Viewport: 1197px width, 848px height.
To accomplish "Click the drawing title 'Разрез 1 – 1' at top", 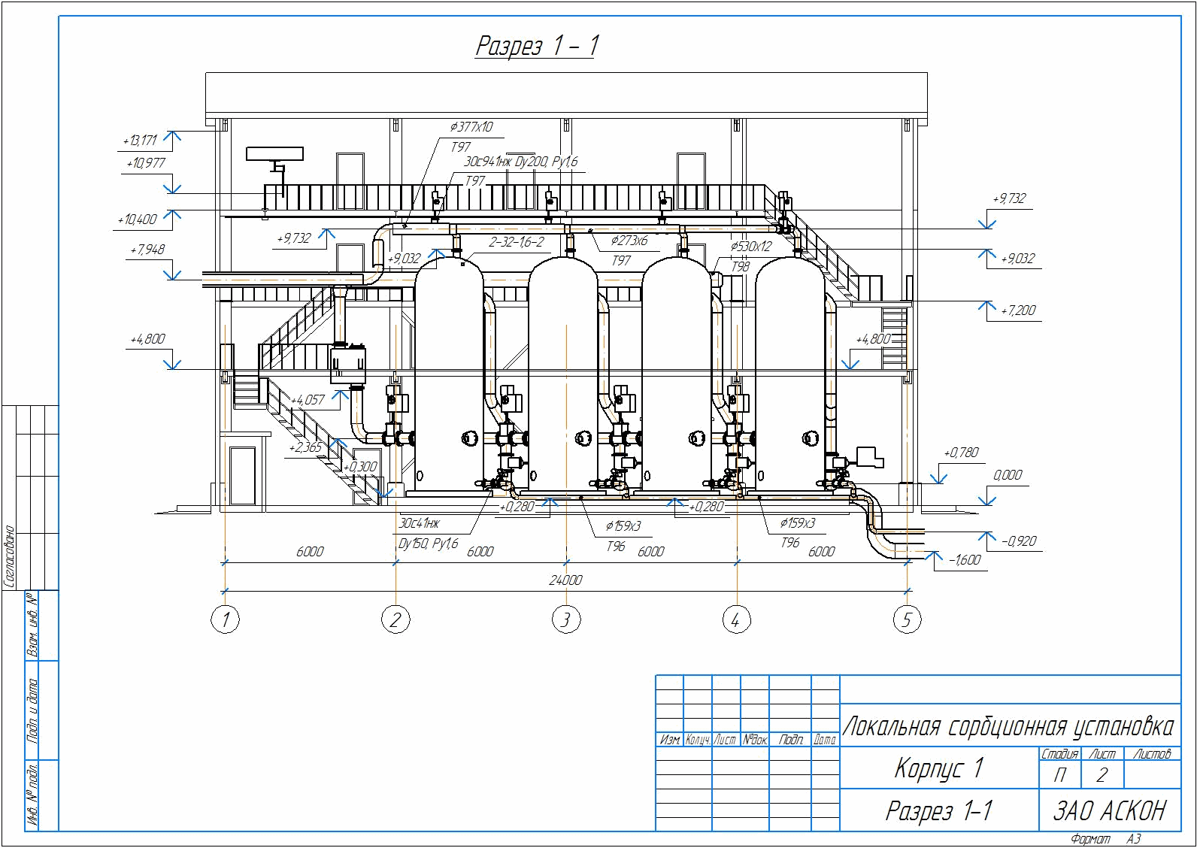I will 537,46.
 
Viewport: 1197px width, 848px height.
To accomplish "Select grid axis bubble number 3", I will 565,620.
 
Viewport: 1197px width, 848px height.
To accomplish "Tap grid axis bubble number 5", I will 907,620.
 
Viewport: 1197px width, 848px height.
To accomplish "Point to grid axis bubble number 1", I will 225,620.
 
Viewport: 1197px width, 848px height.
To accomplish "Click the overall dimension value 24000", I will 565,580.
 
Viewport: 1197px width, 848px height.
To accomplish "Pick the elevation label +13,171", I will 140,141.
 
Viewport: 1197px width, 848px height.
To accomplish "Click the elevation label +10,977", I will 146,163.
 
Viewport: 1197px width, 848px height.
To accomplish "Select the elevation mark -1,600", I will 964,560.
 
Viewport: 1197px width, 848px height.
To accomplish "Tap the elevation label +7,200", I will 1019,310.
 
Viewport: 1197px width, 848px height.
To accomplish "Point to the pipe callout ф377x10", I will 471,127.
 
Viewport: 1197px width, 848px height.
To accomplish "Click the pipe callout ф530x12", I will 750,246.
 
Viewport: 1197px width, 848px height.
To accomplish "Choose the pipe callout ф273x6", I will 629,241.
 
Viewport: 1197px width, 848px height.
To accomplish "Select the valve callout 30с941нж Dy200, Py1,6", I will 521,162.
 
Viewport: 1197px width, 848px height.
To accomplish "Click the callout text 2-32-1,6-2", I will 516,242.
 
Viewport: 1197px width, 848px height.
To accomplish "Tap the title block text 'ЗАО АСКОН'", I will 1109,810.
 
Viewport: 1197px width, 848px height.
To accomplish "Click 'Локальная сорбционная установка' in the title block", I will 1008,727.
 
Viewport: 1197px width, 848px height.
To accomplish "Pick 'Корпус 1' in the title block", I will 938,768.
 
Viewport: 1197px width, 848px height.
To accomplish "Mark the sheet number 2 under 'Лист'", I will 1102,775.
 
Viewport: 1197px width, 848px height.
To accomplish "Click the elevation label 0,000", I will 1008,475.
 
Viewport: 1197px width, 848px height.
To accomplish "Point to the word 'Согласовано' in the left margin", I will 11,556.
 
